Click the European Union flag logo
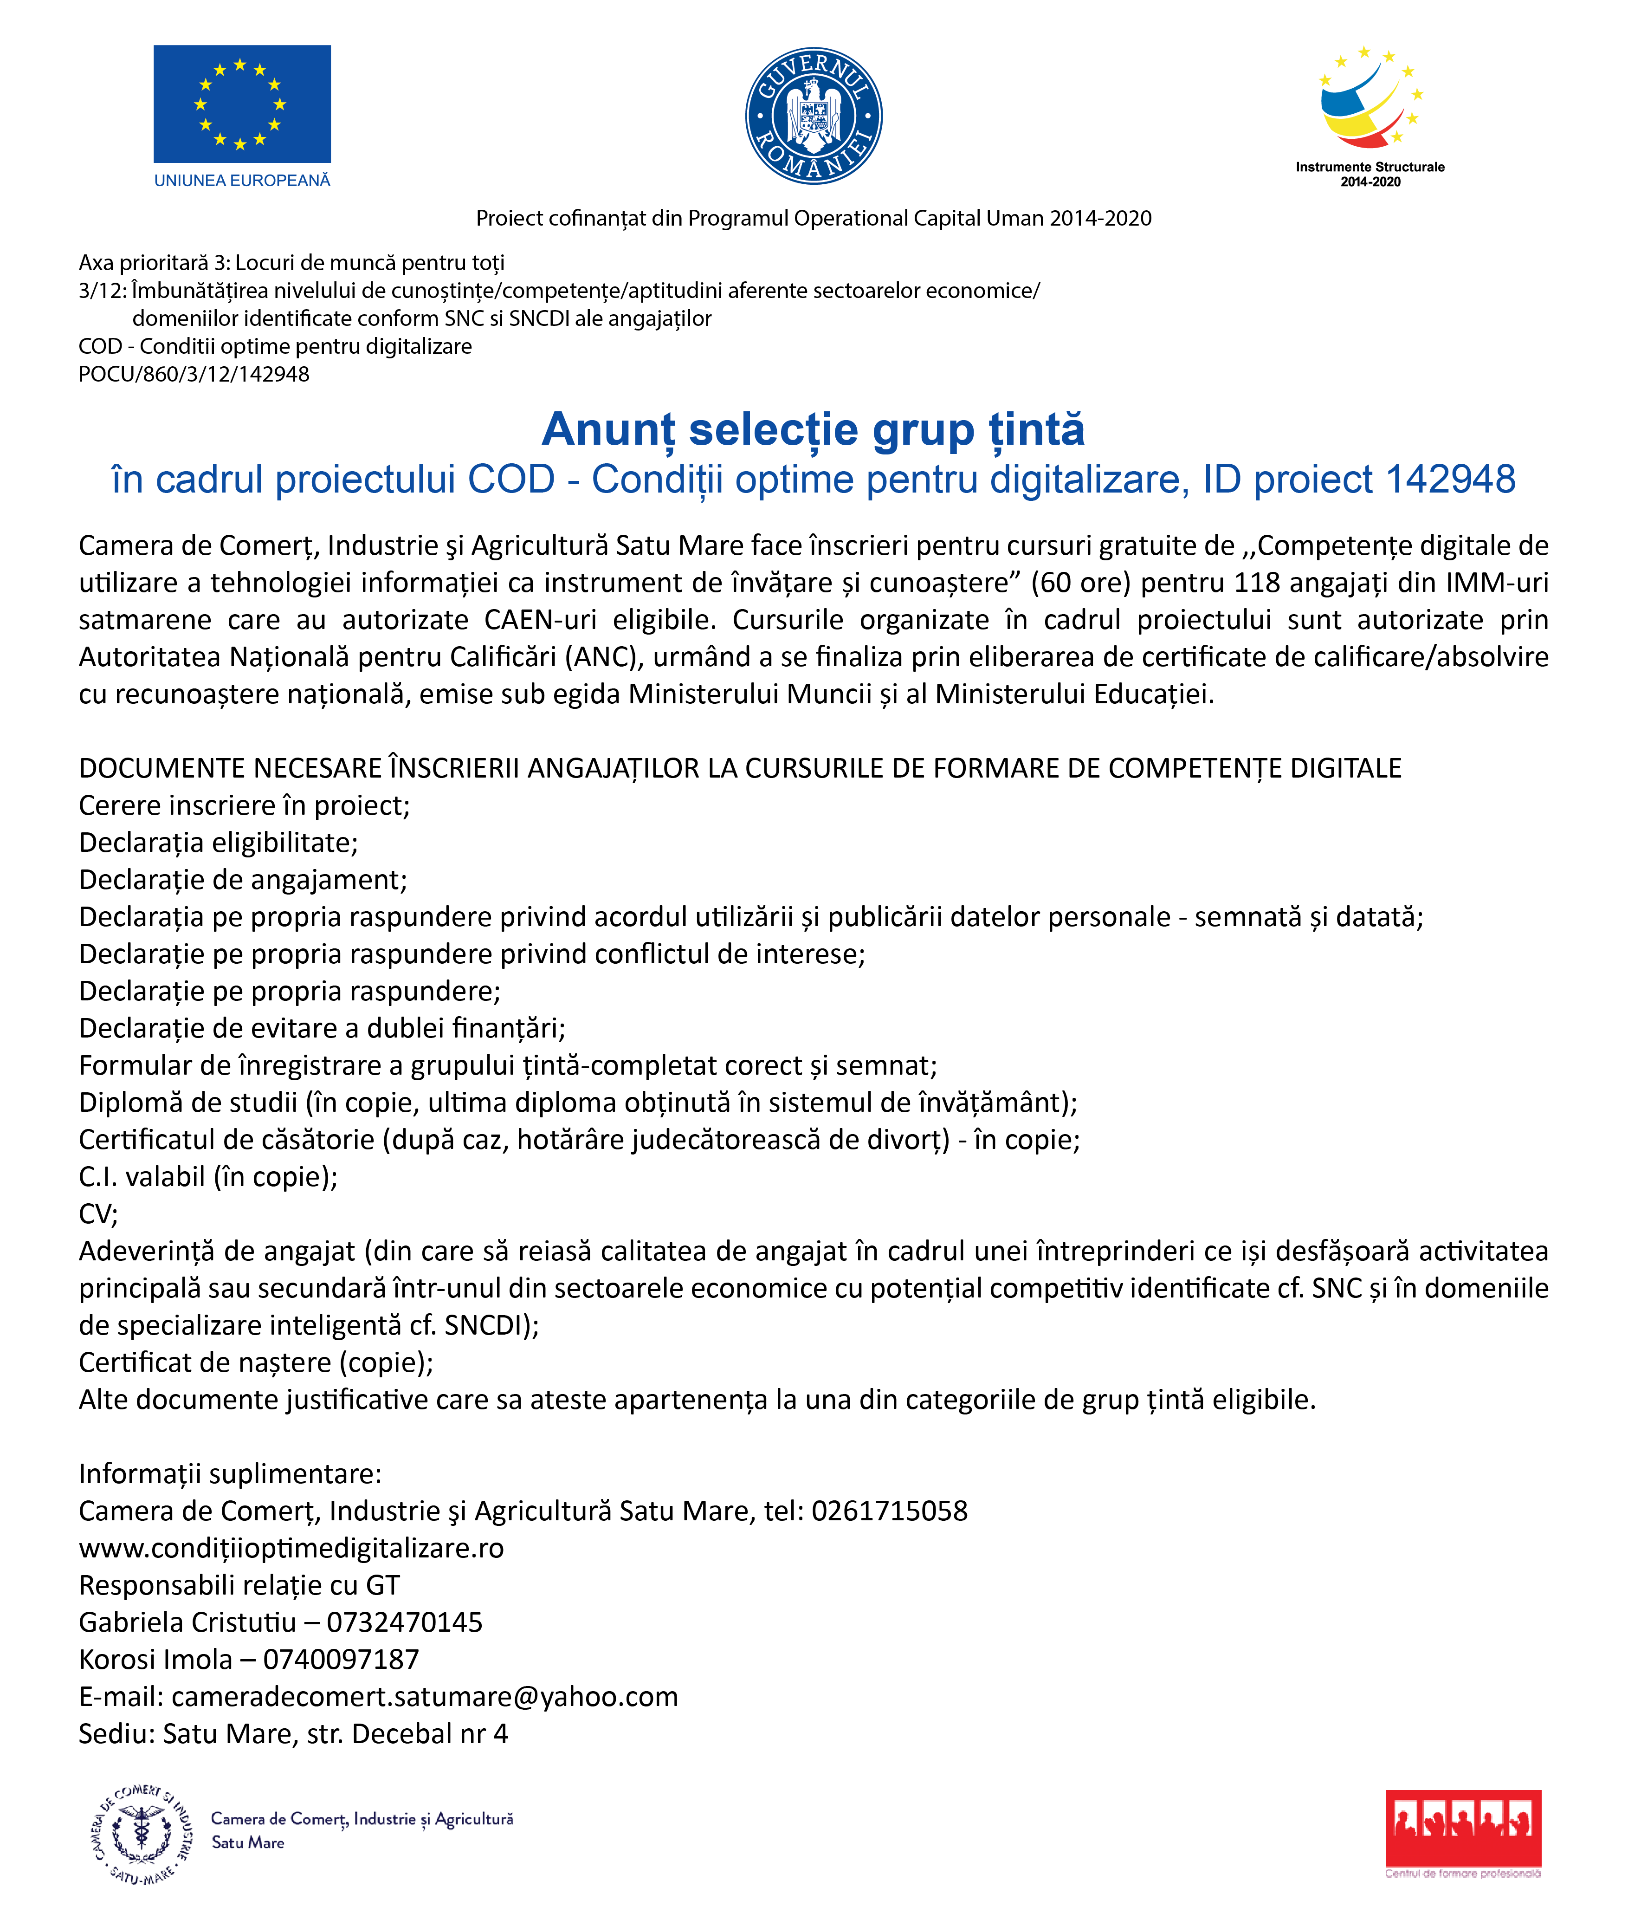(x=242, y=104)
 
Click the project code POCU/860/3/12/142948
(x=194, y=374)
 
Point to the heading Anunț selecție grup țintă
(x=813, y=429)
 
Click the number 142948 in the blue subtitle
(x=1450, y=479)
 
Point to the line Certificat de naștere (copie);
(x=256, y=1362)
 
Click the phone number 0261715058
(x=890, y=1510)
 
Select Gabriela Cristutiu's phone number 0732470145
(x=404, y=1622)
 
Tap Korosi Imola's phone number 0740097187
(x=341, y=1659)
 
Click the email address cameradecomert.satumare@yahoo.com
(x=425, y=1696)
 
